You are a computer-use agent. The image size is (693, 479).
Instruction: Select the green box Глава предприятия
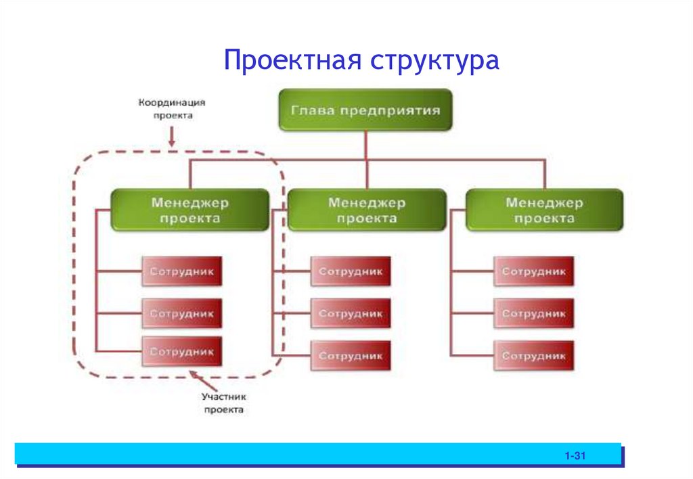[x=365, y=110]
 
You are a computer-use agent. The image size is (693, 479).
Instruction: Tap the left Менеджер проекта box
[x=190, y=210]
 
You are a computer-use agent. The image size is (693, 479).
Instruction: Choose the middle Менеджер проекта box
[x=367, y=210]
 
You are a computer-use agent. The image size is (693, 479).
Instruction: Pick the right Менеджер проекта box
[x=544, y=210]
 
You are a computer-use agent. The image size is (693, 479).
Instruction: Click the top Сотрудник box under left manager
[x=182, y=272]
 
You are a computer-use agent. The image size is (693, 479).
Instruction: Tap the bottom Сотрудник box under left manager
[x=182, y=352]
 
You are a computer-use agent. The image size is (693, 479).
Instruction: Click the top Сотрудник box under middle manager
[x=351, y=272]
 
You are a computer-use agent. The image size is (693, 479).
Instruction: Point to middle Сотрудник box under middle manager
[x=351, y=314]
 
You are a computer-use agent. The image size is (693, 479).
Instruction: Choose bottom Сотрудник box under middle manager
[x=351, y=355]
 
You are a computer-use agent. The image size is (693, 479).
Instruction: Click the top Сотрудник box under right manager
[x=533, y=272]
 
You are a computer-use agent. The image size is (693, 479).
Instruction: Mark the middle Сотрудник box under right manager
[x=533, y=314]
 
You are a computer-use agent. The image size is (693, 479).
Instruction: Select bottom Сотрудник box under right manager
[x=533, y=355]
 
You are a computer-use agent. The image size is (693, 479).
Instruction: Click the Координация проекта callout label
[x=172, y=109]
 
